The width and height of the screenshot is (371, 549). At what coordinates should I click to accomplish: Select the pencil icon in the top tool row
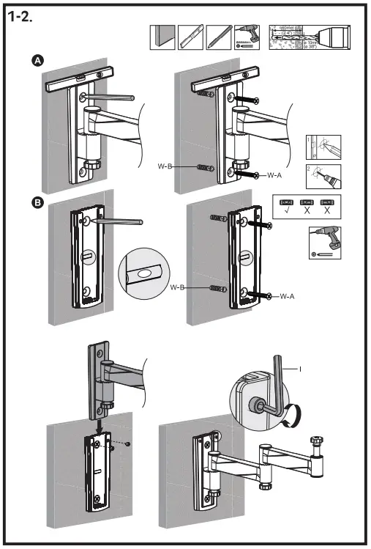(217, 37)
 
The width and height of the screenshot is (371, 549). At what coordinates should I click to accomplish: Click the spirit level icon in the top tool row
(190, 37)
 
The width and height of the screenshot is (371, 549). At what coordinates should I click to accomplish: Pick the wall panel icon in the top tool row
(162, 37)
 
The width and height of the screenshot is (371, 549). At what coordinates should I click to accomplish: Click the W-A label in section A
(276, 175)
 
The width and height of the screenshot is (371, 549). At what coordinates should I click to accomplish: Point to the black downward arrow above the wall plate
(100, 425)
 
